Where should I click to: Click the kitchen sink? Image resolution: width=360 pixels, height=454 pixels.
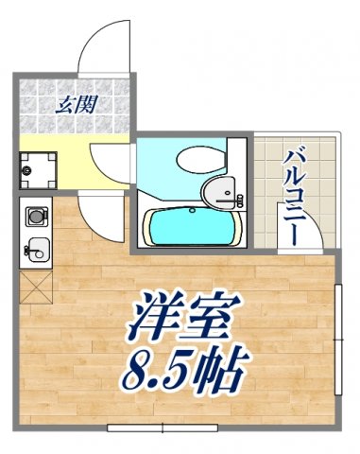coord(37,251)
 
